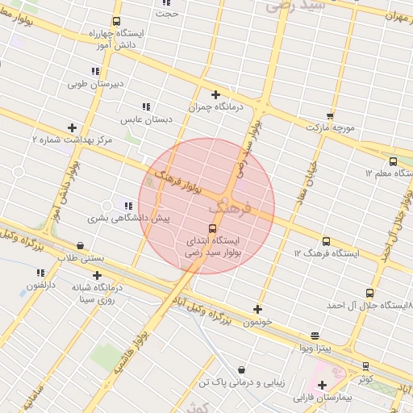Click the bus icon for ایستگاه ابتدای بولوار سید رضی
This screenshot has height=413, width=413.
coord(213,228)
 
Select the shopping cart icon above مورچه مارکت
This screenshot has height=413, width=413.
coord(329,115)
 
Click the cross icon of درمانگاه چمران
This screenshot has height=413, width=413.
coord(215,94)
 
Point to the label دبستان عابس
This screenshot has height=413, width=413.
coord(147,119)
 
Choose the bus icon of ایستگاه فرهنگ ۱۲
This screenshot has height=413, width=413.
coord(326,241)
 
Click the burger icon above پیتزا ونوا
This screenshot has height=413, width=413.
coord(314,336)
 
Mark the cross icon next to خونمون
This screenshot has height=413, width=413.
coord(257,309)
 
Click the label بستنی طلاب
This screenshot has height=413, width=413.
coord(77,257)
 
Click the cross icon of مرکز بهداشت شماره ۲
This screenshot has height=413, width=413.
coord(73,127)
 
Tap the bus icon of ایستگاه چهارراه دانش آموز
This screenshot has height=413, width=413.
coord(117,22)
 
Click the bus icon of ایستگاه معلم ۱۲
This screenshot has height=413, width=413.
coord(393,161)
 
